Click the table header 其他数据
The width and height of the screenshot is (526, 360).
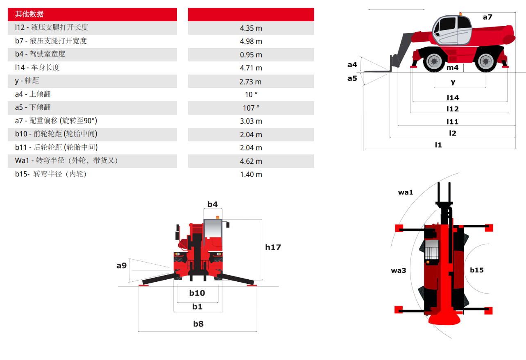pos(29,14)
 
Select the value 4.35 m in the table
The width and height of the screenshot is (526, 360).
pos(251,28)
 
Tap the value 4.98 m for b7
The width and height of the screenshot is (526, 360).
pos(251,41)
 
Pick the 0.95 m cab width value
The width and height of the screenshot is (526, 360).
pos(251,55)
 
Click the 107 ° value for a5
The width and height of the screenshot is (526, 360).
pos(251,108)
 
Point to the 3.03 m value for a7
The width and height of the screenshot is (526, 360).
pos(251,121)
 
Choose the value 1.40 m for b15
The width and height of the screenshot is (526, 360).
pos(251,174)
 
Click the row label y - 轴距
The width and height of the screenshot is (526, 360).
pos(27,81)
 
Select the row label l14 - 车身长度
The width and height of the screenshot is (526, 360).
pos(37,68)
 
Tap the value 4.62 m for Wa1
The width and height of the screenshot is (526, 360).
pos(251,161)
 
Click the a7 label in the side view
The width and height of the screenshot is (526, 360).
pos(487,17)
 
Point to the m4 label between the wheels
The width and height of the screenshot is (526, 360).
pos(452,68)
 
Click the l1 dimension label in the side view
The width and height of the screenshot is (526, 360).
pos(438,145)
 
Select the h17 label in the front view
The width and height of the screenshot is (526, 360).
pos(273,247)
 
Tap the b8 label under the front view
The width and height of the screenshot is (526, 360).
pos(198,324)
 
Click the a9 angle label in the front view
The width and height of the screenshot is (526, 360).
pos(121,265)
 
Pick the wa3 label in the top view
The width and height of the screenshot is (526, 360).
pos(398,271)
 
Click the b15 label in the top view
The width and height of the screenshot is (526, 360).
pos(477,270)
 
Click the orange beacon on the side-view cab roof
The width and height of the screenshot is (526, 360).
pos(461,14)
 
